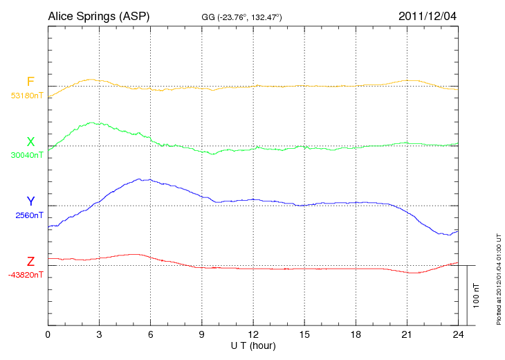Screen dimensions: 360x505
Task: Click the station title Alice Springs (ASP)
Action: (x=98, y=15)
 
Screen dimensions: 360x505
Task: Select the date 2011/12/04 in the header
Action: (x=427, y=15)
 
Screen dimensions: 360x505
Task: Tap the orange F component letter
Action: (x=30, y=82)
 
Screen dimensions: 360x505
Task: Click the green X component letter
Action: (x=30, y=142)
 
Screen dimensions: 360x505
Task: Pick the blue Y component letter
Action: (x=30, y=201)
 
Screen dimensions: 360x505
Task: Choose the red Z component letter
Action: (x=30, y=262)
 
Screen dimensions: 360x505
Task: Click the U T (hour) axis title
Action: (x=253, y=345)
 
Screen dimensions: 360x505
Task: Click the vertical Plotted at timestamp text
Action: (x=498, y=277)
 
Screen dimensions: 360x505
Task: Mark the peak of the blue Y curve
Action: (x=144, y=179)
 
